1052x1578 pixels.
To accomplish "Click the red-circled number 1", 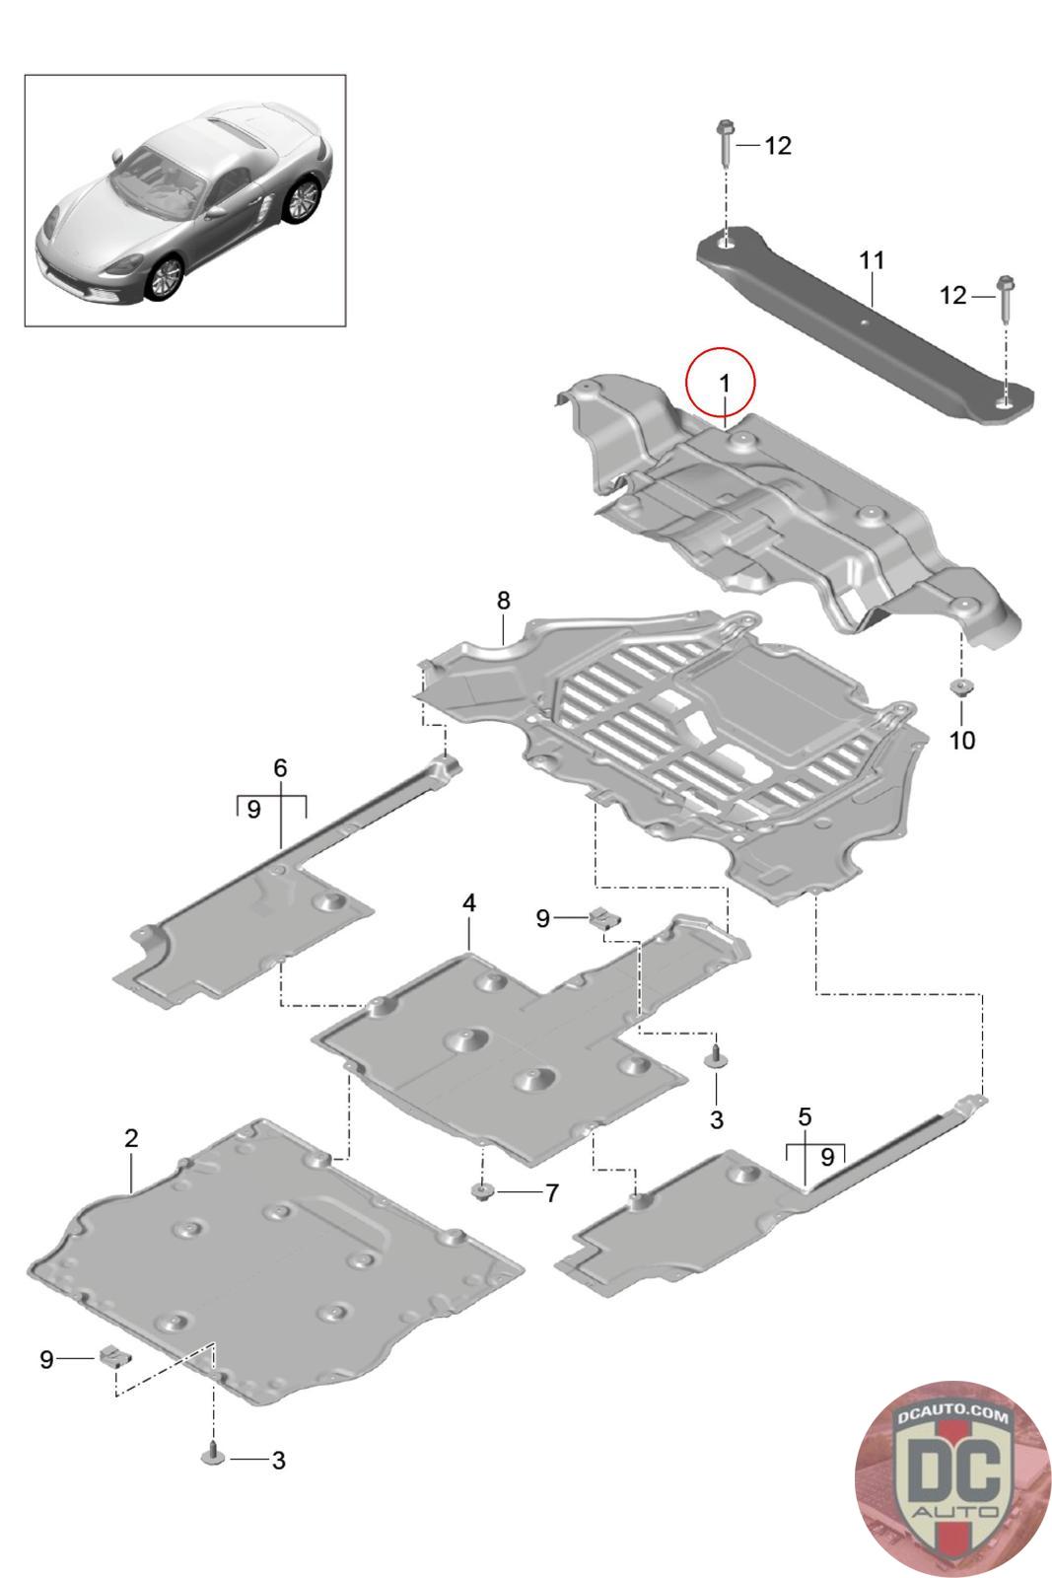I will (724, 382).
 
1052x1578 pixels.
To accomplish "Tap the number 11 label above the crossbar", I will (872, 260).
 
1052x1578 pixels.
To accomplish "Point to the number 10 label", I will (961, 740).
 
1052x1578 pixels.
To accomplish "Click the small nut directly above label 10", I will (958, 686).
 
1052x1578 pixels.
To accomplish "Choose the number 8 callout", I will (503, 601).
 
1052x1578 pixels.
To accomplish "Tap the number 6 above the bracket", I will (280, 767).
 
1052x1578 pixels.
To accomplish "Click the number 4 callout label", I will (469, 902).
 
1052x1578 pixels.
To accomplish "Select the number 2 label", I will (131, 1137).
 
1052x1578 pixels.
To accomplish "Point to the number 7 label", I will (551, 1193).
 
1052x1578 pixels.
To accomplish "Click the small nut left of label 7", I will (482, 1192).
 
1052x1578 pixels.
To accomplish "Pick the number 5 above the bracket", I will (805, 1117).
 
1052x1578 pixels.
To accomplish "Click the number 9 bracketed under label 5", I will (827, 1155).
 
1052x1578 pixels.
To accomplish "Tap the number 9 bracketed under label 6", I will (253, 810).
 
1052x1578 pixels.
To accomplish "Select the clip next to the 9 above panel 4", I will (602, 919).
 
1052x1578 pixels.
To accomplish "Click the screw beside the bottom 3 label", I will (213, 1455).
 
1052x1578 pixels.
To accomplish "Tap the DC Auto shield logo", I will (951, 1477).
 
